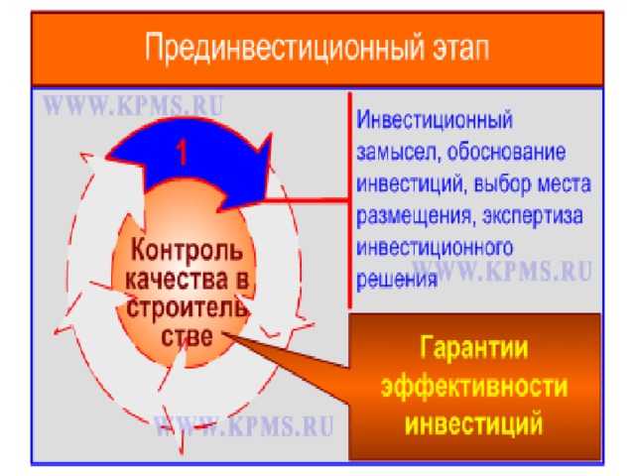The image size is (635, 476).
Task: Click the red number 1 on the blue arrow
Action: coord(183,152)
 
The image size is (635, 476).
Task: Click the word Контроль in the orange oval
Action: coord(188,249)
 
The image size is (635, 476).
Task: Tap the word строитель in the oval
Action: coord(187,307)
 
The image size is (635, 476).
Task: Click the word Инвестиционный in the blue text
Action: coord(435,121)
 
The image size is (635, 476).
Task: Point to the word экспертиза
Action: coord(533,216)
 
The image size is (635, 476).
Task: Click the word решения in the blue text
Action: coord(397,280)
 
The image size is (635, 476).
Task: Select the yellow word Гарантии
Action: coord(474,347)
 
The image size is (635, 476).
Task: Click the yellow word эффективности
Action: coord(474,386)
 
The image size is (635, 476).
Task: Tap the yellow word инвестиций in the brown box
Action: coord(474,423)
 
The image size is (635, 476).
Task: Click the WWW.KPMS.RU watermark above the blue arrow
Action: coord(133,105)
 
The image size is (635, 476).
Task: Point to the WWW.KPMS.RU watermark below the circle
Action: coord(244,425)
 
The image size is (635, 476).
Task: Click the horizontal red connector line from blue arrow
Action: coord(307,200)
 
